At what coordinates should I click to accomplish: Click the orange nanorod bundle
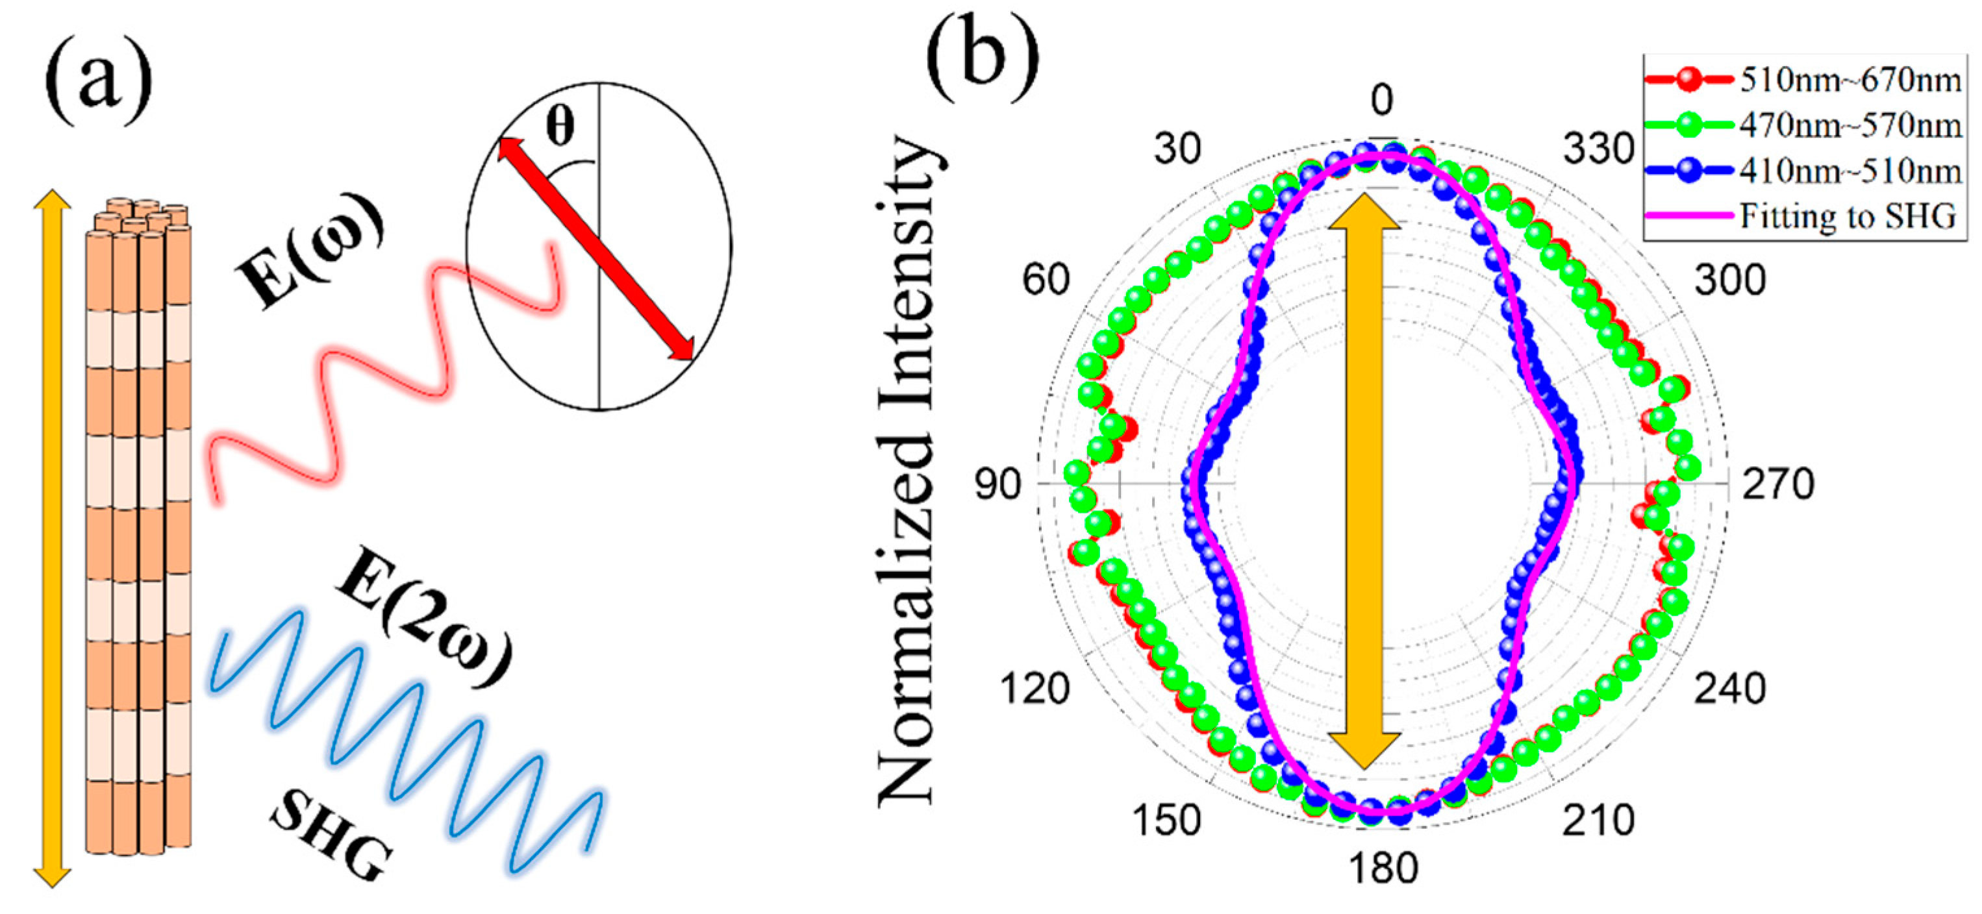138,531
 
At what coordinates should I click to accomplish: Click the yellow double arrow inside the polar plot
1364,481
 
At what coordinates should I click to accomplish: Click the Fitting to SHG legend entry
1846,216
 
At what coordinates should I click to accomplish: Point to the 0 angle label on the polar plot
1382,100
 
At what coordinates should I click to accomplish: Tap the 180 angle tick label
1383,869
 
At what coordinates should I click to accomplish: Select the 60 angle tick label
1046,279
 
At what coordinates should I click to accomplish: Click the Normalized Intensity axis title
908,469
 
